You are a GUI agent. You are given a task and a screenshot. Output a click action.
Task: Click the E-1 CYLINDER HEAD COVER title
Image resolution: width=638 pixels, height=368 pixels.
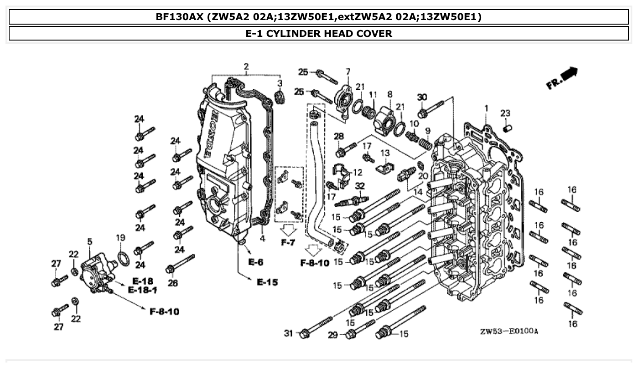click(x=319, y=33)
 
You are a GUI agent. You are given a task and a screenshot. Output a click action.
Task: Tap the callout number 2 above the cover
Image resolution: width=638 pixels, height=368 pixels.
click(x=246, y=67)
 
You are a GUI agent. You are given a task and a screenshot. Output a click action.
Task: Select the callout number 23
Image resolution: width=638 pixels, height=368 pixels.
click(x=505, y=113)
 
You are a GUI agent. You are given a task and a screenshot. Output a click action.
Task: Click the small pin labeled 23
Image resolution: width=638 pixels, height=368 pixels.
click(x=505, y=129)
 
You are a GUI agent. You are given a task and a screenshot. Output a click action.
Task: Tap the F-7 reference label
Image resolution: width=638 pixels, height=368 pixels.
click(x=288, y=242)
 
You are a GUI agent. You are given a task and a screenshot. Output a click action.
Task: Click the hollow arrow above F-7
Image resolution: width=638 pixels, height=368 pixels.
click(x=288, y=229)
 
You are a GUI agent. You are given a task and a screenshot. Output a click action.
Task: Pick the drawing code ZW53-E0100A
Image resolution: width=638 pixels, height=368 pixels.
click(x=508, y=331)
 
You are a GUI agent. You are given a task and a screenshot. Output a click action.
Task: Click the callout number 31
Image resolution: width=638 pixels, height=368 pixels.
click(x=288, y=333)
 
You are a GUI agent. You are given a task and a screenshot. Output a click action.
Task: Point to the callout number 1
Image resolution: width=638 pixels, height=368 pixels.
click(x=486, y=108)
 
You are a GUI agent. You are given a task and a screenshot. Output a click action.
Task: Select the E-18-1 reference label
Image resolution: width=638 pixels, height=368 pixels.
click(x=143, y=290)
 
